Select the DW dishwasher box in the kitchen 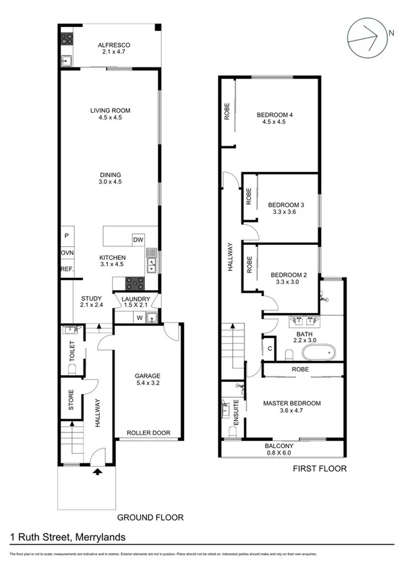138,239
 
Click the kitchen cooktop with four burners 136,284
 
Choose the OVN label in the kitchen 67,252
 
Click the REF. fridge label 67,268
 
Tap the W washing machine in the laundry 139,318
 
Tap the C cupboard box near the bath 270,349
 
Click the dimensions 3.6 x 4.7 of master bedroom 291,412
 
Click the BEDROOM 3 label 287,204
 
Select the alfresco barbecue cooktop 67,39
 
